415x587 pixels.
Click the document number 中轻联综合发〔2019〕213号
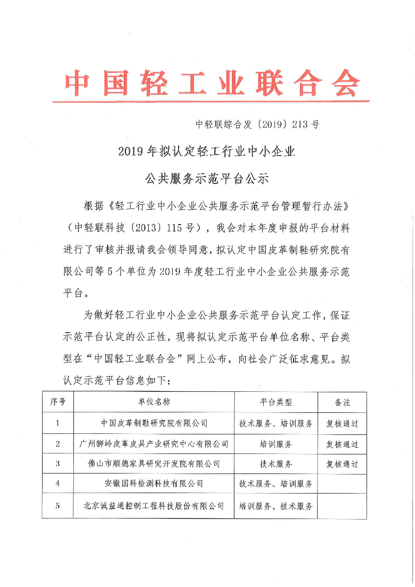tap(257, 124)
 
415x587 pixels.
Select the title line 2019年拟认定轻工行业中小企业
tap(207, 152)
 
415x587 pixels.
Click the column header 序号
tap(58, 402)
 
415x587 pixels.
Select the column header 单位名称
tap(154, 402)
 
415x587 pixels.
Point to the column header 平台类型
tap(276, 402)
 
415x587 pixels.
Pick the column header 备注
tap(342, 402)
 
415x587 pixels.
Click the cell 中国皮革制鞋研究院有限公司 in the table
tap(154, 423)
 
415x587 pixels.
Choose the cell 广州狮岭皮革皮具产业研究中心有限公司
tap(154, 444)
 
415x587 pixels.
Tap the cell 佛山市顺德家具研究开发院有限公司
tap(154, 464)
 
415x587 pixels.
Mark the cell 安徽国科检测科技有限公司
tap(154, 484)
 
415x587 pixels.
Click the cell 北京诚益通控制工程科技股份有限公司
tap(154, 506)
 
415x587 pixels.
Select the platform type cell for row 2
tap(276, 444)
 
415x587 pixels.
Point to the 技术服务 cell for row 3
tap(276, 464)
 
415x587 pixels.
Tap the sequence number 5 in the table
tap(58, 506)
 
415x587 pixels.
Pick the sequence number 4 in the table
tap(58, 484)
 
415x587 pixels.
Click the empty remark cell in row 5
tap(342, 506)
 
